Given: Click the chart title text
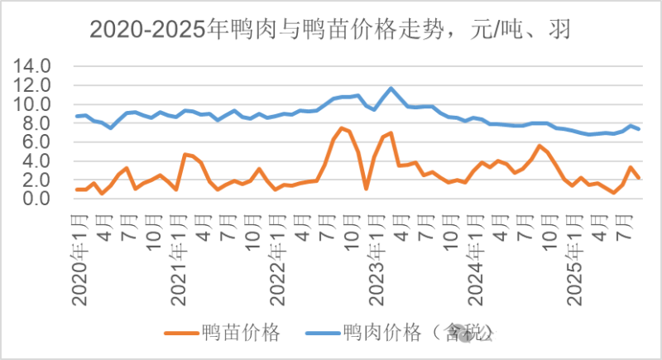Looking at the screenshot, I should click(x=331, y=31).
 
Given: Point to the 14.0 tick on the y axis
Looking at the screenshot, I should click(x=36, y=66).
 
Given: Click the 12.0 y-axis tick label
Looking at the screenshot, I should click(x=36, y=85).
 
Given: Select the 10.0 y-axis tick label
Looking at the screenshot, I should click(x=36, y=104).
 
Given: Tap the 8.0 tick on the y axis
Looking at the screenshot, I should click(x=40, y=123).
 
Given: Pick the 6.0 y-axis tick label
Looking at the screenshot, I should click(x=40, y=142).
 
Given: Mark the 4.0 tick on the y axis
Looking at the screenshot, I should click(x=40, y=161).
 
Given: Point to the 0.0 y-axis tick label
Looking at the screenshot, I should click(x=40, y=199).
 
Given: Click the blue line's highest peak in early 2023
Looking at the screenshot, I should click(x=391, y=88).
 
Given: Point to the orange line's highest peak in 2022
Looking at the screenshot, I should click(x=341, y=127).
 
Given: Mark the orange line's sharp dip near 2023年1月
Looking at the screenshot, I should click(x=366, y=189).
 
